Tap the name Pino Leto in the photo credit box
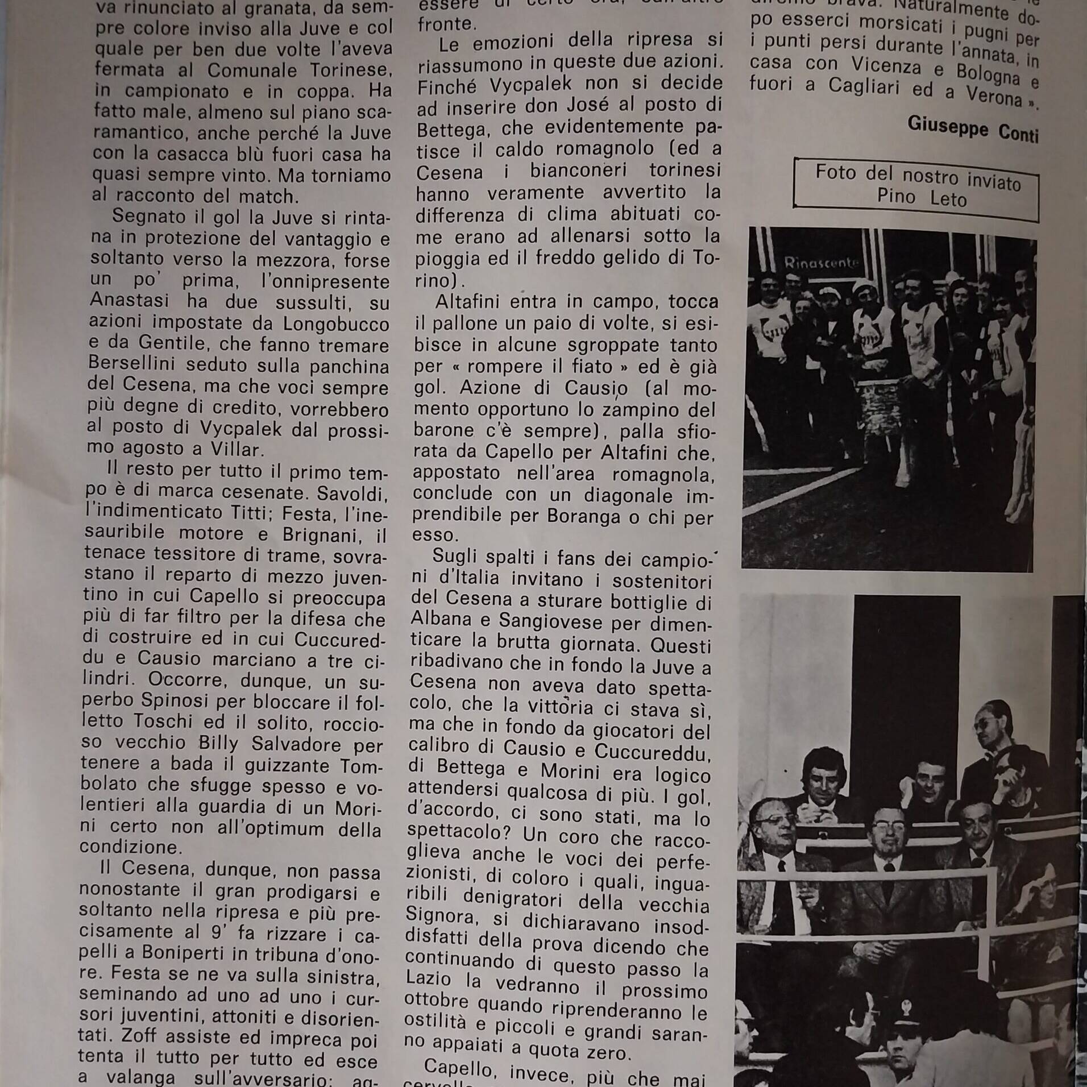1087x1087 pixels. tap(921, 197)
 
